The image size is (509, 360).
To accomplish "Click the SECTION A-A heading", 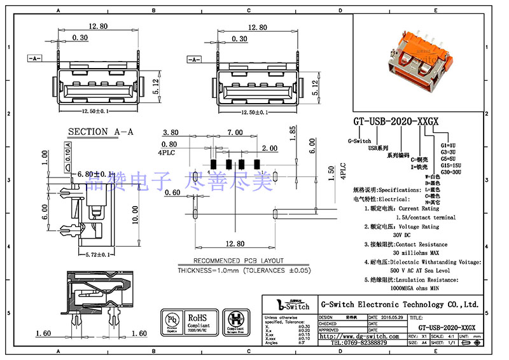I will point(101,132).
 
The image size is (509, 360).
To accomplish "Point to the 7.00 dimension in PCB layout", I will point(235,133).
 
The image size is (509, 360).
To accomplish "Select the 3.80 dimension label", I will point(171,133).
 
